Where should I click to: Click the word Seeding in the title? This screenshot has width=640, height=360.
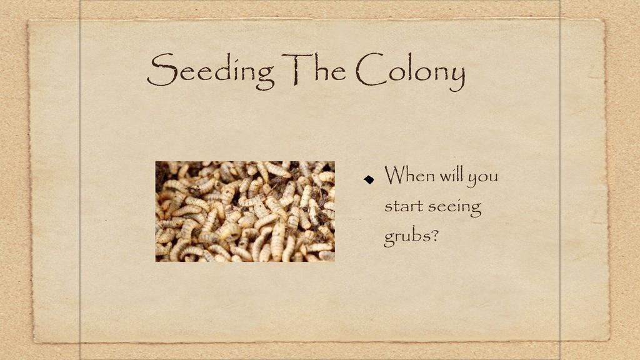click(210, 71)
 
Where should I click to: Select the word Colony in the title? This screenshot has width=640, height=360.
click(410, 72)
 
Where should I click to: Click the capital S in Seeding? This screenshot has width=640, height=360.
click(162, 70)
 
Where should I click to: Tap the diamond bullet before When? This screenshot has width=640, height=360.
click(369, 179)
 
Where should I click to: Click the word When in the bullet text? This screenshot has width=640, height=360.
click(409, 175)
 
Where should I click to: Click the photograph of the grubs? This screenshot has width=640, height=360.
click(245, 211)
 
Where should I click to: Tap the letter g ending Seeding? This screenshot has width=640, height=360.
click(264, 76)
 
